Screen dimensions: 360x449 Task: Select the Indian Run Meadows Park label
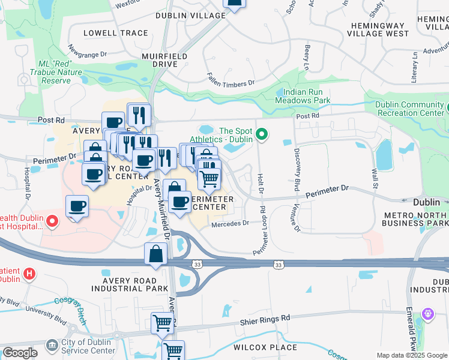pyautogui.click(x=303, y=96)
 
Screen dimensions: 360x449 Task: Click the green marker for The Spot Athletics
pyautogui.click(x=261, y=134)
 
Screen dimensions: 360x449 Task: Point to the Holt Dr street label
pyautogui.click(x=261, y=185)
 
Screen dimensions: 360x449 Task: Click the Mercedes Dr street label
pyautogui.click(x=230, y=223)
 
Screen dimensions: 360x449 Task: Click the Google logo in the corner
pyautogui.click(x=19, y=353)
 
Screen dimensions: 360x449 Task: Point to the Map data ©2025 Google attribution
pyautogui.click(x=412, y=356)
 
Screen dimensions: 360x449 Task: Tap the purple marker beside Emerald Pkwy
pyautogui.click(x=427, y=313)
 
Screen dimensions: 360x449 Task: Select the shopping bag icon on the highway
pyautogui.click(x=155, y=254)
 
